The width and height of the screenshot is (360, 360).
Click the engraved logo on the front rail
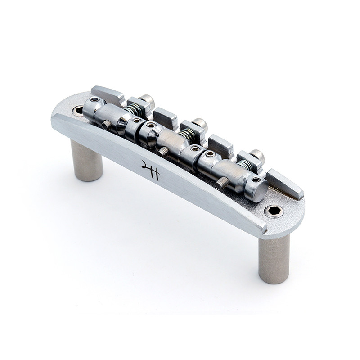click(150, 170)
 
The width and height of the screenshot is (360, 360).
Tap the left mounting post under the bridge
click(87, 160)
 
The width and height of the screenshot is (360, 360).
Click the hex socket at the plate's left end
click(78, 110)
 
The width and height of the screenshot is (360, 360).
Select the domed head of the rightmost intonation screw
click(257, 155)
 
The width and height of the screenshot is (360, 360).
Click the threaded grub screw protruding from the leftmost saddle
click(106, 125)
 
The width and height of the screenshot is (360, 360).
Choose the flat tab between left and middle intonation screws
click(166, 118)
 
